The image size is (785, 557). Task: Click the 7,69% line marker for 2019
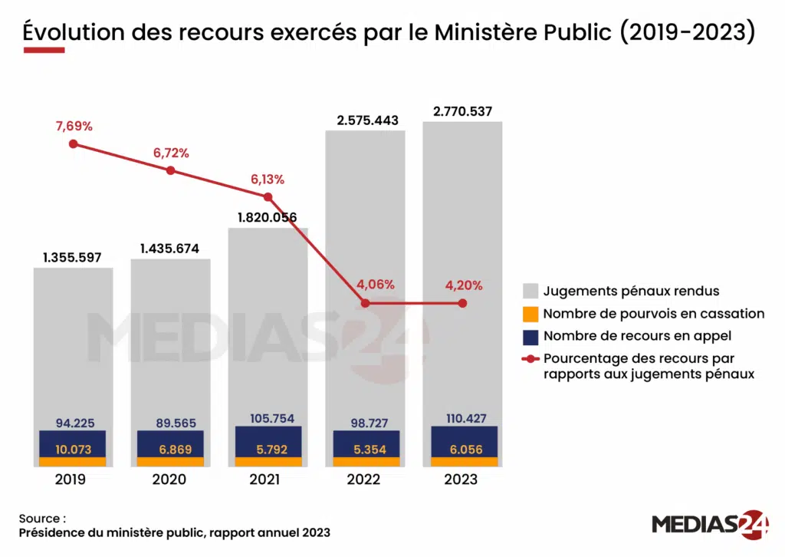pos(73,143)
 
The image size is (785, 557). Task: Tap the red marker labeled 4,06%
pos(365,303)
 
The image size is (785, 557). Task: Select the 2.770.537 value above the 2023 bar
pos(462,111)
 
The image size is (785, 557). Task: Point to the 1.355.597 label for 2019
pos(73,258)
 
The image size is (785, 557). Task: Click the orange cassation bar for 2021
pos(268,462)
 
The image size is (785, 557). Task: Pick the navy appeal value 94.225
pos(75,423)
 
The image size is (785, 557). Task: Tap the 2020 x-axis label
pos(170,480)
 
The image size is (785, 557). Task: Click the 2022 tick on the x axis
pos(365,480)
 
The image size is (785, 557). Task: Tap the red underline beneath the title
pos(44,51)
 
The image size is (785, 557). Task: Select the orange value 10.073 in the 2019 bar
pos(73,450)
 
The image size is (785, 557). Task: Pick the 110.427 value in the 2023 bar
pos(462,419)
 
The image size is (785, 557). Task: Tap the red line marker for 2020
pos(170,170)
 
